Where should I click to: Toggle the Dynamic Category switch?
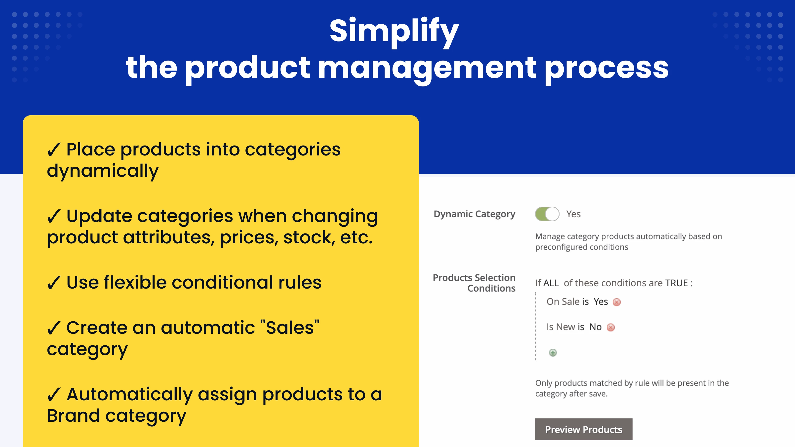[x=547, y=214]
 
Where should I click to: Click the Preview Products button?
[x=584, y=429]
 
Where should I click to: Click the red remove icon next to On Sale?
[x=617, y=302]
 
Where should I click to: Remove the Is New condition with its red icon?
[x=610, y=327]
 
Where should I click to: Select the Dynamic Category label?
[x=474, y=214]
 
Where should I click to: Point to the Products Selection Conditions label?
[x=474, y=283]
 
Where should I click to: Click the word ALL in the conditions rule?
[x=551, y=283]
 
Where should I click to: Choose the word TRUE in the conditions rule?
[x=676, y=283]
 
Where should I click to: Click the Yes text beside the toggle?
[x=573, y=214]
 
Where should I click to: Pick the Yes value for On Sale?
[x=600, y=302]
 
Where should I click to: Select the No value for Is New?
[x=595, y=327]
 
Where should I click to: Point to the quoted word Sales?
[x=290, y=327]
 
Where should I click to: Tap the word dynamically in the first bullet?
[x=103, y=171]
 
